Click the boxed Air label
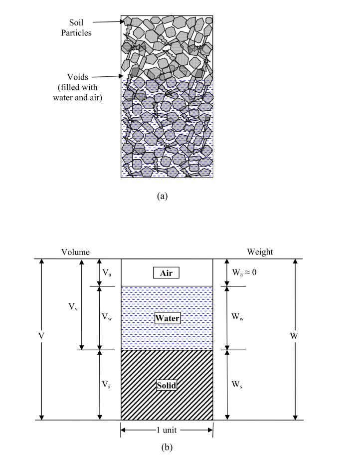[167, 273]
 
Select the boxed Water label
[167, 318]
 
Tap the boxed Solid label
[167, 385]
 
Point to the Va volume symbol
[107, 273]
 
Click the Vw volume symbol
[107, 317]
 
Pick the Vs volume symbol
[106, 385]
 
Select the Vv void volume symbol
[73, 307]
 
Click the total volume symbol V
[41, 336]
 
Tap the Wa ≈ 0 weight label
[244, 272]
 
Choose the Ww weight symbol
[238, 317]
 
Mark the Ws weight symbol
[237, 385]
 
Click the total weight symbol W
[294, 336]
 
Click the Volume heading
[75, 252]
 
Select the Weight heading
[260, 252]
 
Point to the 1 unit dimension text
[167, 430]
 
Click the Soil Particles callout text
[76, 27]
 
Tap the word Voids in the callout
[78, 77]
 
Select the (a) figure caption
[162, 196]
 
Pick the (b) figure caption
[167, 447]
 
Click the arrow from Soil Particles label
[108, 21]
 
